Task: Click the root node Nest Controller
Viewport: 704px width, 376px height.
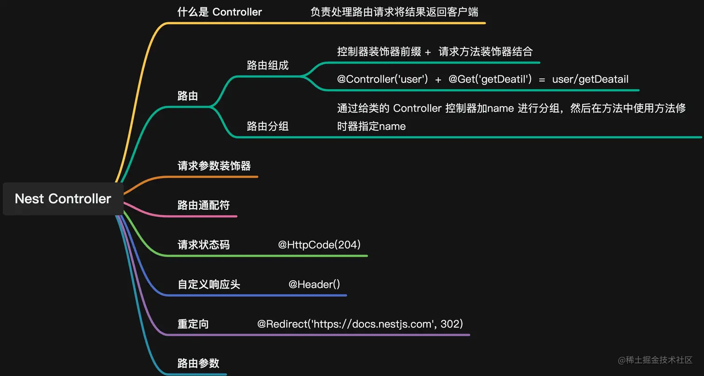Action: (x=63, y=199)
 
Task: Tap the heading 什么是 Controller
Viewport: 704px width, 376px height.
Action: (x=219, y=12)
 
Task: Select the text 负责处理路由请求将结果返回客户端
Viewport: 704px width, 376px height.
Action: (x=394, y=12)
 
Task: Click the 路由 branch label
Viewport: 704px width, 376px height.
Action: (x=188, y=96)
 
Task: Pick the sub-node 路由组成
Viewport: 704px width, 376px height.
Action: (x=268, y=66)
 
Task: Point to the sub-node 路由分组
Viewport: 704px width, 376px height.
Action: (x=268, y=126)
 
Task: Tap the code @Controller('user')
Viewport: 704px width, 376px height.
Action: (x=382, y=80)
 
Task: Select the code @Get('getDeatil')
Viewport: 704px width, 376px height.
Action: (x=490, y=80)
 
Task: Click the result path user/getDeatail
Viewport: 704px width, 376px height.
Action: (x=590, y=80)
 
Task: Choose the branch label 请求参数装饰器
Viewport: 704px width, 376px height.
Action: (x=214, y=166)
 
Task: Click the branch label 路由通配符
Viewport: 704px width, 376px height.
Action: (x=203, y=206)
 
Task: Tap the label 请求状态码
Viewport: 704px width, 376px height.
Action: (x=203, y=245)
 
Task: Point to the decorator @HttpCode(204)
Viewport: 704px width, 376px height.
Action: (x=319, y=245)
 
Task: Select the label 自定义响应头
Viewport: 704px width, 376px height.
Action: (x=209, y=284)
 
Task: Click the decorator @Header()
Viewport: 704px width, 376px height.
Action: (x=314, y=284)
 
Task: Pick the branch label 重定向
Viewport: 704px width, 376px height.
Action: (x=193, y=324)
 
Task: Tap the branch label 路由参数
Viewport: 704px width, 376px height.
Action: (x=198, y=363)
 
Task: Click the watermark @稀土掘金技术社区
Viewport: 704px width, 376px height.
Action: (x=655, y=360)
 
